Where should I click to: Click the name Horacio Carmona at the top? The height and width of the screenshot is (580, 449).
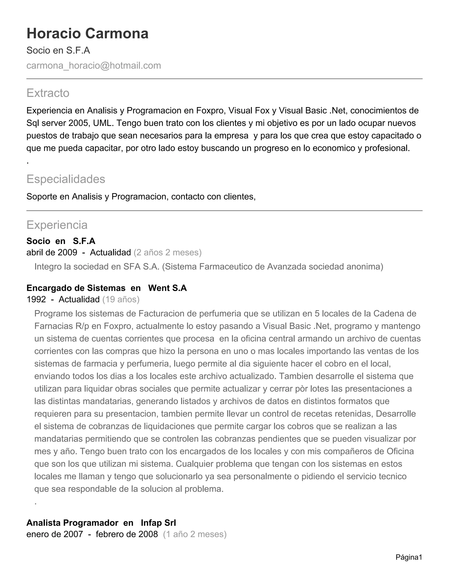[87, 33]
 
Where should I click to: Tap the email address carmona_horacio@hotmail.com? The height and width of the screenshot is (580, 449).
[94, 65]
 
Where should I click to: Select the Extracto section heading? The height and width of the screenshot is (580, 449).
[48, 93]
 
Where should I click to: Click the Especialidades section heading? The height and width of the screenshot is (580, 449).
[66, 179]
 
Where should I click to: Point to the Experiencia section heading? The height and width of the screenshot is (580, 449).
[57, 225]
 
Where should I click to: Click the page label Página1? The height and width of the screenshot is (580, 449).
[409, 557]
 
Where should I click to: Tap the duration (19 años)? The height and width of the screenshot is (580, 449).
[121, 299]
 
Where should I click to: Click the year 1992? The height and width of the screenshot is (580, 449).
[36, 299]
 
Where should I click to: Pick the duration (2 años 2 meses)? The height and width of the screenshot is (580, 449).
[167, 252]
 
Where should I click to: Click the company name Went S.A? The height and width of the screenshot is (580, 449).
[167, 288]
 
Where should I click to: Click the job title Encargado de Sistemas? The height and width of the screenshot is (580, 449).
[76, 288]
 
